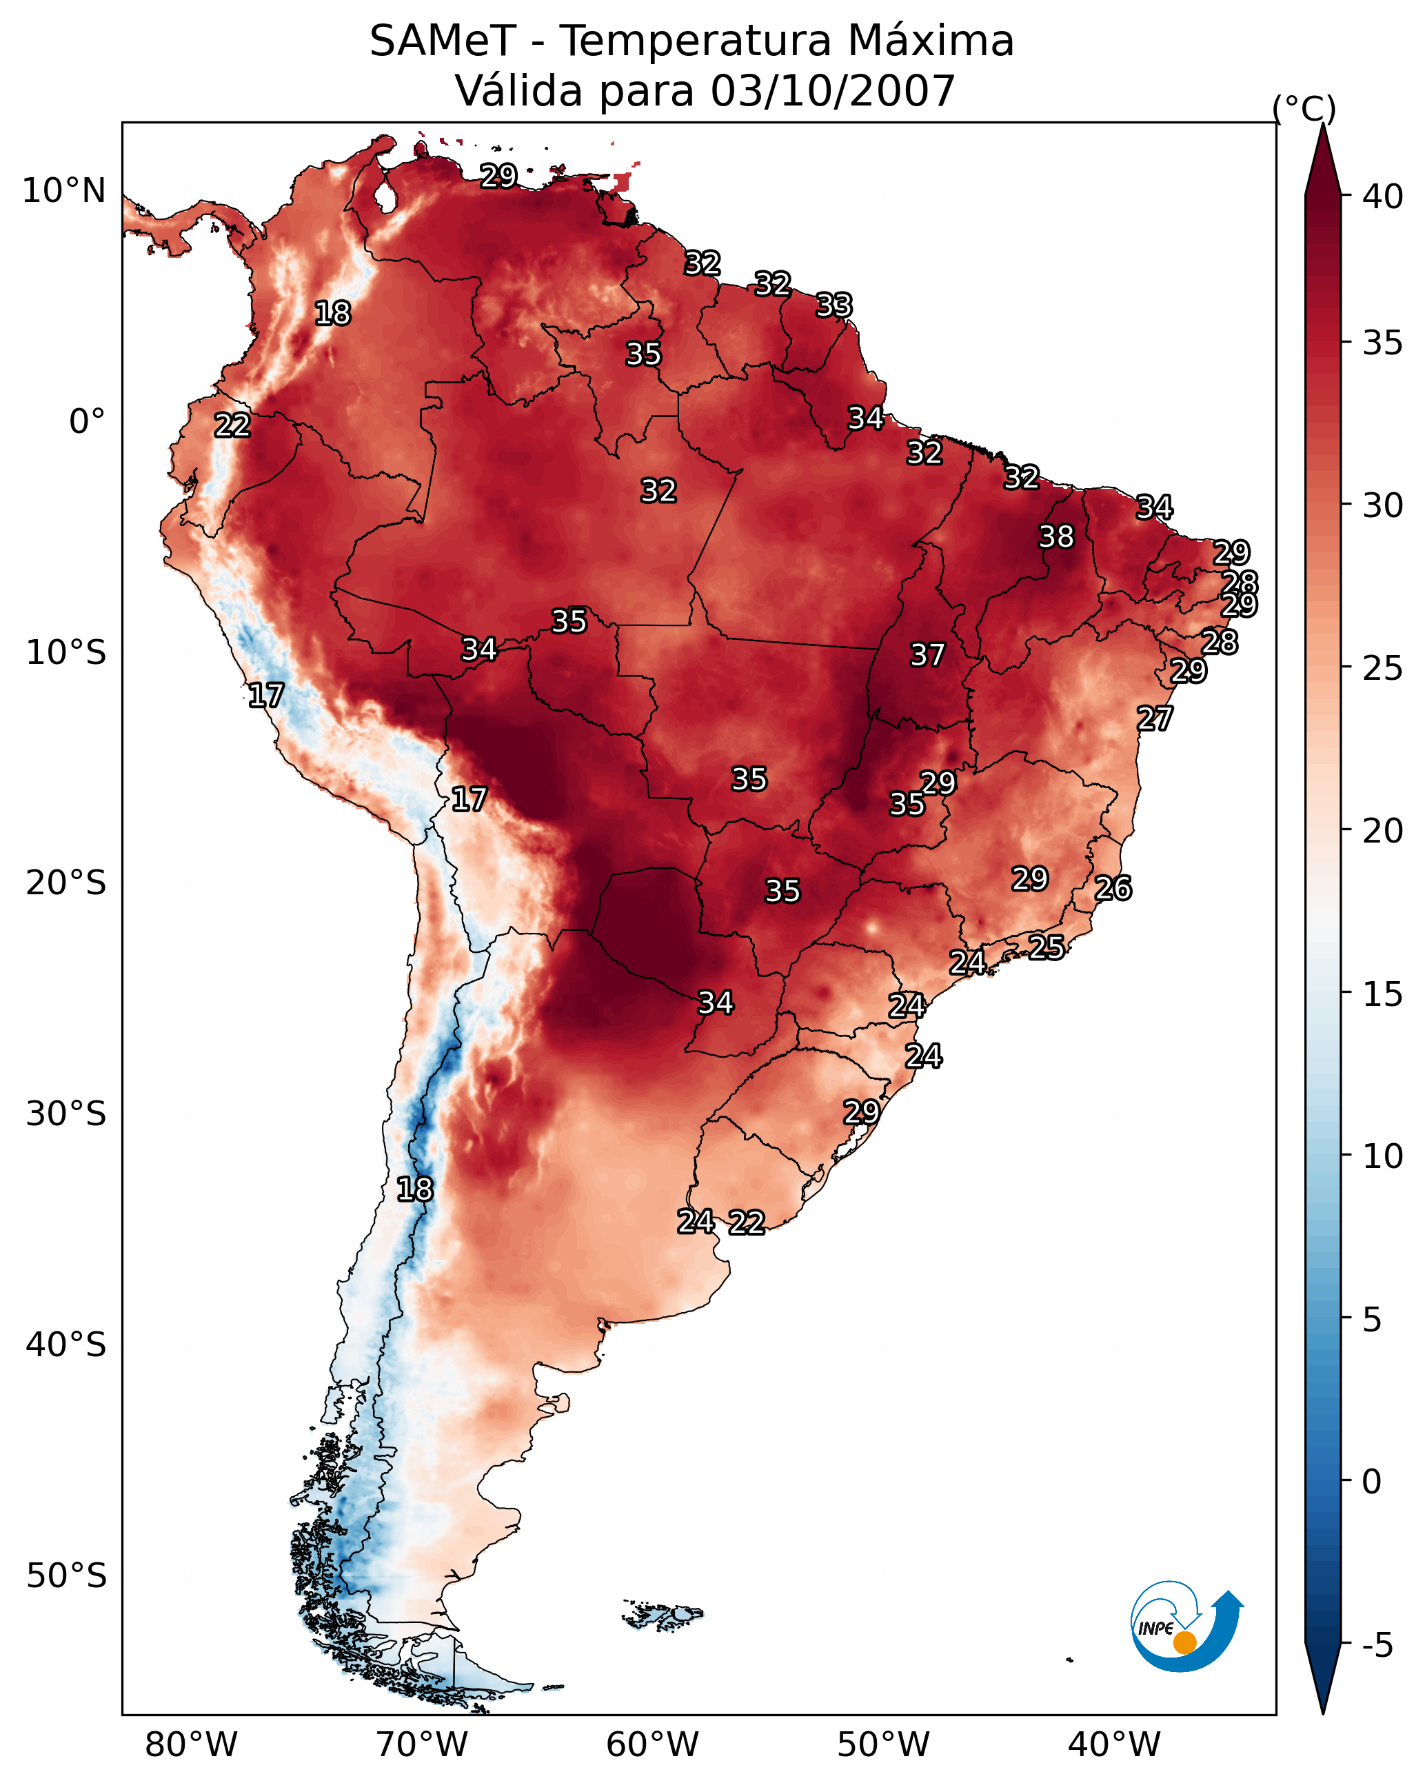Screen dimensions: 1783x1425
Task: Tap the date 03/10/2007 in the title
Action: tap(832, 91)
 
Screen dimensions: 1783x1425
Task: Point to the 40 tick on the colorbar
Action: tap(1383, 197)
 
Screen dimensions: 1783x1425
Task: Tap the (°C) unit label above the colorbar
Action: tap(1304, 108)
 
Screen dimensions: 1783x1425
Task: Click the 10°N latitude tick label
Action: tap(63, 191)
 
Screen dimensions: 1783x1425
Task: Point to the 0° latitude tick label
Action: tap(87, 422)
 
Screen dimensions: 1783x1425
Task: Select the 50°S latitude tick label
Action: tap(66, 1576)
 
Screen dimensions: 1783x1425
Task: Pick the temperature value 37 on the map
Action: tap(927, 656)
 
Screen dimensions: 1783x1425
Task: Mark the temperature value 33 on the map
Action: tap(833, 306)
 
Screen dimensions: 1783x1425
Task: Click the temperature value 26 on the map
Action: tap(1113, 889)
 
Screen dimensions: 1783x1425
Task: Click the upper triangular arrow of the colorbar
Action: tap(1322, 161)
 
